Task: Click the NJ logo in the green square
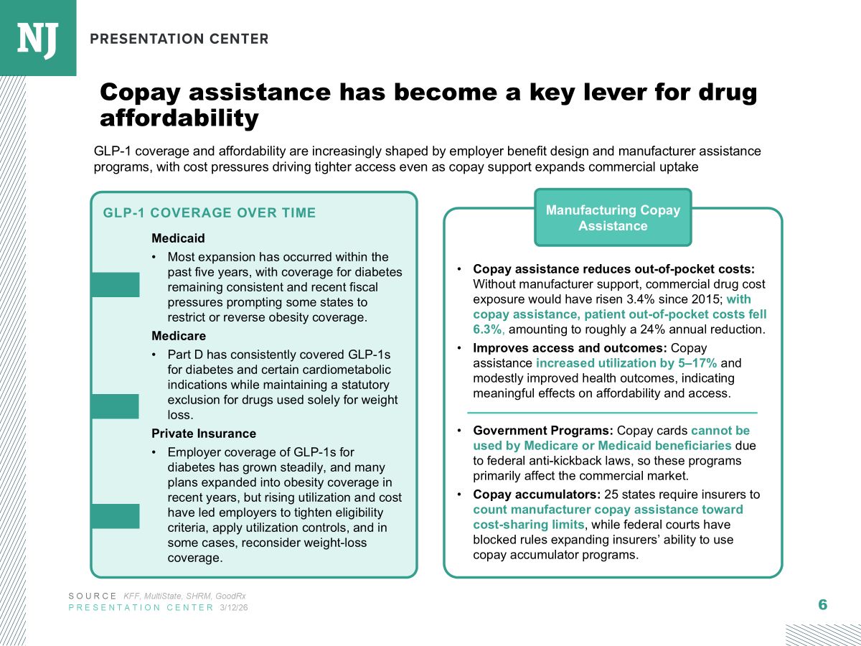coord(37,38)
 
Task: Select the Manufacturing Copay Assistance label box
coord(613,217)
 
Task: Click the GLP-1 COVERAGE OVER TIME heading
coord(210,212)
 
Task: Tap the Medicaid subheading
coord(178,238)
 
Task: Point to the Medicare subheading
coord(179,336)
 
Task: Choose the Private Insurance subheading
coord(204,434)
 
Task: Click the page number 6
coord(822,604)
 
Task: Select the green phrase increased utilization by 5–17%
coord(616,362)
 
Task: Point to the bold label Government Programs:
coord(542,431)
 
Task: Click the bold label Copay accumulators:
coord(537,495)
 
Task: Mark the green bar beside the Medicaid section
coord(115,285)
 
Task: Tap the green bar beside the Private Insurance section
coord(115,516)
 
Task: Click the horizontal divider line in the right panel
coord(612,413)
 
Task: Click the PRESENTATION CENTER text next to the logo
coord(179,39)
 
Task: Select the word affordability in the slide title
coord(179,118)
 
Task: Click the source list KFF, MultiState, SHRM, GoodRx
coord(185,596)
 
